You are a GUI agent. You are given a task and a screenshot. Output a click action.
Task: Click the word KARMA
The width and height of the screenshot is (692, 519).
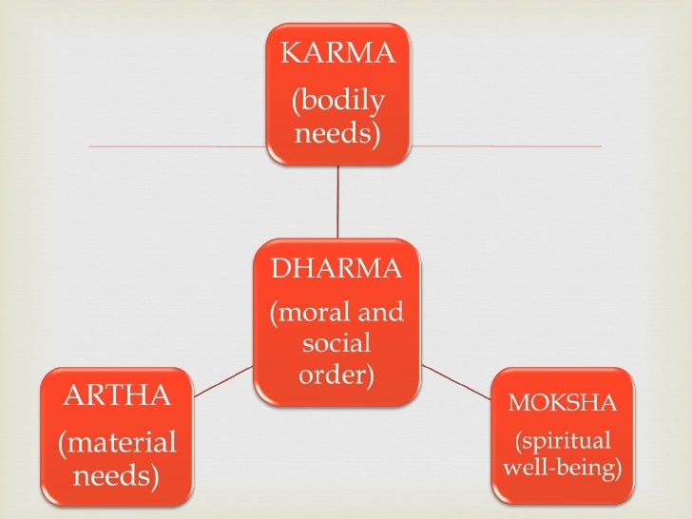[x=336, y=52]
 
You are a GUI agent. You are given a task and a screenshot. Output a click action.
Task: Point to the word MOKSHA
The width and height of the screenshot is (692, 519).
[x=563, y=402]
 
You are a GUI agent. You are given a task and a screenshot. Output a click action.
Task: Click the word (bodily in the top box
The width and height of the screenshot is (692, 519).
[x=337, y=100]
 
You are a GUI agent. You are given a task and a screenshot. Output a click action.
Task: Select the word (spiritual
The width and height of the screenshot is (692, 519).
[x=563, y=442]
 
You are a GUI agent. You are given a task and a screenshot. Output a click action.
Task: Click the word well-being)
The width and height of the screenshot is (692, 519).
[x=563, y=469]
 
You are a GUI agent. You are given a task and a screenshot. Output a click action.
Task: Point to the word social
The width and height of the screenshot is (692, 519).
[x=337, y=343]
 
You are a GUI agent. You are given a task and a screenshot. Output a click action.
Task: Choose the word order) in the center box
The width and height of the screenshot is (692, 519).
[x=337, y=375]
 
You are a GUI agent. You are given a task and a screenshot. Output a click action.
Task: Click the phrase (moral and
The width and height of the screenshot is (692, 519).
[x=337, y=313]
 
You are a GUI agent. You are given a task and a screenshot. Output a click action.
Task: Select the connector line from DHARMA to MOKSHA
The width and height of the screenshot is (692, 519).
[x=456, y=378]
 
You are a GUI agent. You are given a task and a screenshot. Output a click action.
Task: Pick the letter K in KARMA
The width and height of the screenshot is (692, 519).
[x=289, y=52]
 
